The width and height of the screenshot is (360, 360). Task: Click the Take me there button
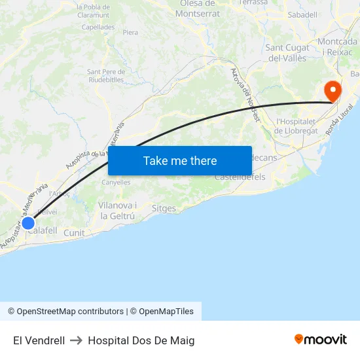(180, 160)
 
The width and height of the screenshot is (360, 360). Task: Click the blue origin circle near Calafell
(28, 223)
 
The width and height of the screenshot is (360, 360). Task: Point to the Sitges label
(164, 209)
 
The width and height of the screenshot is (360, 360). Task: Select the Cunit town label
(74, 232)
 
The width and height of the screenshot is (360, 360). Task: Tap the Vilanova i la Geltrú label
(118, 210)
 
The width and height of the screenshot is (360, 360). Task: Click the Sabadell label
(302, 14)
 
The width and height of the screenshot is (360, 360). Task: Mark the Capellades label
(98, 27)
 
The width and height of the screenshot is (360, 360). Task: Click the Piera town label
(130, 32)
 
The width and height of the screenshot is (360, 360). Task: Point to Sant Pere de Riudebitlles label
(105, 75)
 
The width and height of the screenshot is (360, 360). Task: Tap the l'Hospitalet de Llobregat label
(297, 126)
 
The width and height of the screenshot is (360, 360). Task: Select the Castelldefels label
(240, 177)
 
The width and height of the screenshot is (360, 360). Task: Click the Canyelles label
(116, 183)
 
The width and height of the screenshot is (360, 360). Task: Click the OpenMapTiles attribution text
(166, 312)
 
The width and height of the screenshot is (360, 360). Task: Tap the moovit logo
(321, 340)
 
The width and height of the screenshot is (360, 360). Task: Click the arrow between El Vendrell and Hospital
(76, 340)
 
